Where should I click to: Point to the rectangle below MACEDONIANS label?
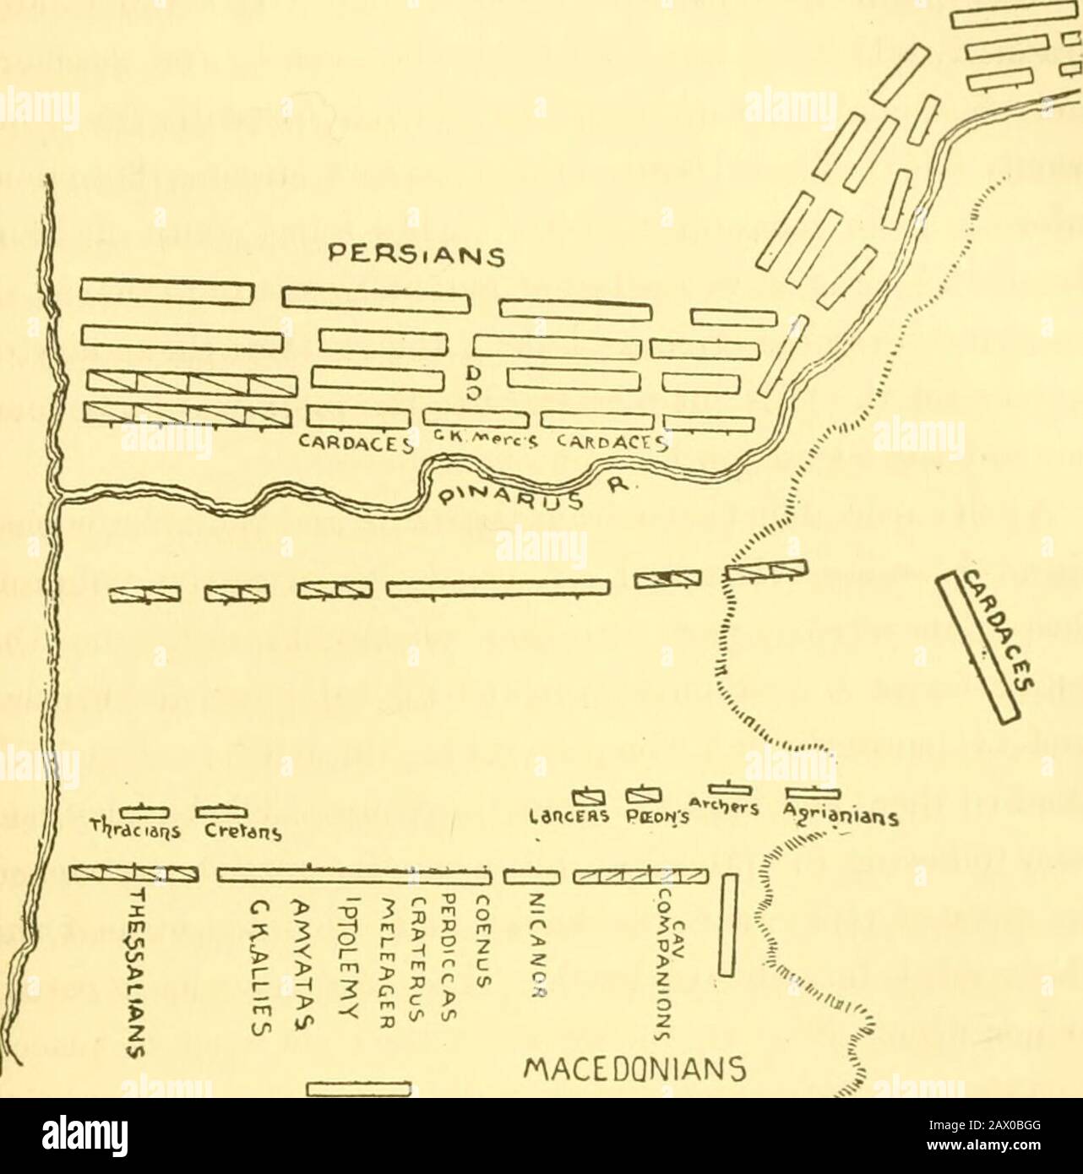(358, 1090)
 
